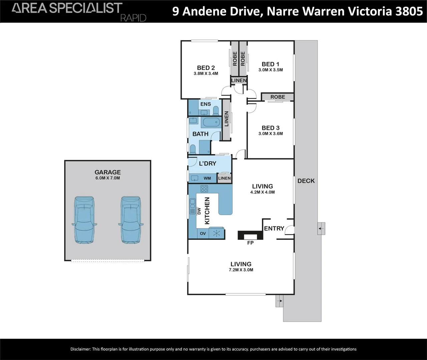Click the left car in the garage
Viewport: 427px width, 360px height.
tap(84, 220)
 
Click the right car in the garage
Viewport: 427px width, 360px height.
tap(131, 220)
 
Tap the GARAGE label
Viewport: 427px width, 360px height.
tap(107, 172)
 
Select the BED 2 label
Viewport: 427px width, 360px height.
tap(206, 68)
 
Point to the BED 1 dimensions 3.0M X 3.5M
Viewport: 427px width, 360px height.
tap(271, 70)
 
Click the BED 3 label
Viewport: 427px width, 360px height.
tap(271, 128)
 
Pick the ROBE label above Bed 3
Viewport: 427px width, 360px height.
tap(278, 97)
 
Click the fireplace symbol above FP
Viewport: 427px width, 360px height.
tap(250, 235)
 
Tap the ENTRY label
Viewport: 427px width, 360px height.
tap(274, 228)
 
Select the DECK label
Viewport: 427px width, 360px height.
tap(306, 181)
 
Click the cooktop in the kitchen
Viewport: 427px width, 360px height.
tap(204, 189)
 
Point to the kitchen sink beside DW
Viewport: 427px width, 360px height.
tap(192, 206)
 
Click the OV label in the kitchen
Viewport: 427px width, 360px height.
tap(203, 234)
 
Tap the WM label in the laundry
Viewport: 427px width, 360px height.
tap(207, 178)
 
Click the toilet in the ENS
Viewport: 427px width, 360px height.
tap(216, 110)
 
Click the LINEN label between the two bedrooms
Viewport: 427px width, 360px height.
tap(239, 80)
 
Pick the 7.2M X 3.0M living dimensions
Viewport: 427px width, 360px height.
tap(241, 270)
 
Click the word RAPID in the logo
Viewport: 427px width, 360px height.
tap(133, 18)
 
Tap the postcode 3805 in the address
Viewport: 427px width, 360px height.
tap(409, 11)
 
